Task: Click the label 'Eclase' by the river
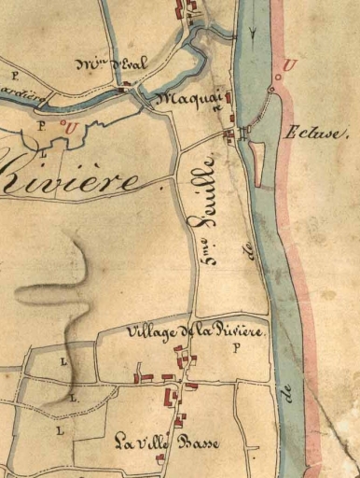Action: point(318,133)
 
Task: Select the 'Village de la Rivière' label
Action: point(197,332)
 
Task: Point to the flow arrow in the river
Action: point(254,33)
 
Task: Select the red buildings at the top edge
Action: point(190,9)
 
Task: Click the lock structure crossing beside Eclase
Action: point(244,134)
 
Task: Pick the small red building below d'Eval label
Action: point(125,83)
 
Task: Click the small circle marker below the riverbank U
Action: point(271,89)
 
